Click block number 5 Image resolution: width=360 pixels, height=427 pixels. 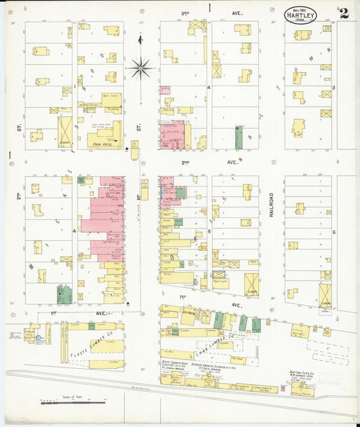tap(210, 231)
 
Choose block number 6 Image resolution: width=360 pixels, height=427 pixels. tap(334, 231)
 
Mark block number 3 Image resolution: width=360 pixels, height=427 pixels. tap(334, 87)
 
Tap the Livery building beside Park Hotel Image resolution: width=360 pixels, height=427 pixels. tap(65, 131)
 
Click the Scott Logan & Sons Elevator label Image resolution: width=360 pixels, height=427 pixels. tap(177, 366)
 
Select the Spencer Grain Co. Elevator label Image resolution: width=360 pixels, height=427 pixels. tap(215, 366)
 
